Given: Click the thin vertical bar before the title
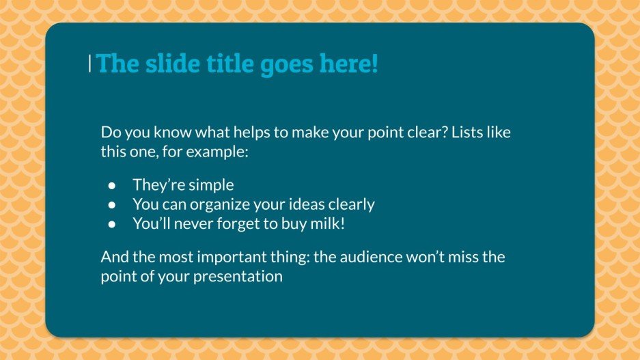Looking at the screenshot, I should [90, 64].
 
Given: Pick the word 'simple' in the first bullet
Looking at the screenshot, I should [211, 185].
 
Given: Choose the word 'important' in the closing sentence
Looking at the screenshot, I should [221, 258].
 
